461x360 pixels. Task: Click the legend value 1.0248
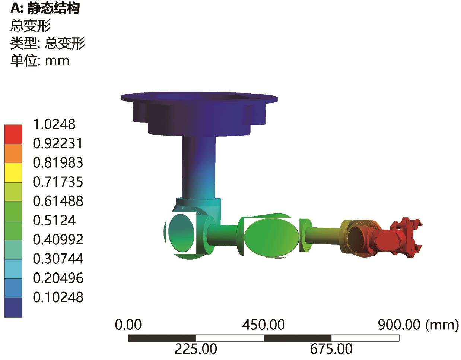(54, 124)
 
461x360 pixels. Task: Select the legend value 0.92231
(58, 143)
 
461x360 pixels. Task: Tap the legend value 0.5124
(54, 220)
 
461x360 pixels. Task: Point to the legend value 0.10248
(58, 297)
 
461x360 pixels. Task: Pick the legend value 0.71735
(58, 182)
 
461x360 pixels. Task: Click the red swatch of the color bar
(13, 135)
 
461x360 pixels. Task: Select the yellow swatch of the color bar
(13, 173)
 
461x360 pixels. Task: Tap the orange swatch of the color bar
(13, 154)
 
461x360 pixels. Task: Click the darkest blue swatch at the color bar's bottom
(13, 307)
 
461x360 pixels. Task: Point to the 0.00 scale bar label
(128, 325)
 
